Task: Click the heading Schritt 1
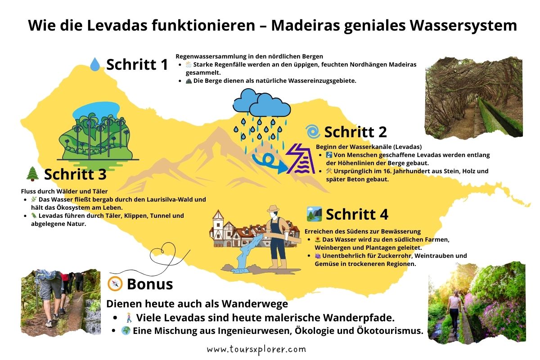click(x=137, y=64)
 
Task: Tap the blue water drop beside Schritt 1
click(x=95, y=64)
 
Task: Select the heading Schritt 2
click(x=355, y=132)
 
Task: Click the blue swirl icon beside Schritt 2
click(x=312, y=132)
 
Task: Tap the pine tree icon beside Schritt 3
click(x=32, y=174)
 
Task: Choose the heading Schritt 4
click(x=357, y=214)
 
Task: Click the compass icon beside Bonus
click(x=115, y=283)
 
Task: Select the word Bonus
click(x=150, y=284)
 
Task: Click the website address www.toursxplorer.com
click(x=256, y=349)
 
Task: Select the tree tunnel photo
click(x=473, y=97)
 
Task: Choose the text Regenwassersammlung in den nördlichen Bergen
click(x=249, y=57)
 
